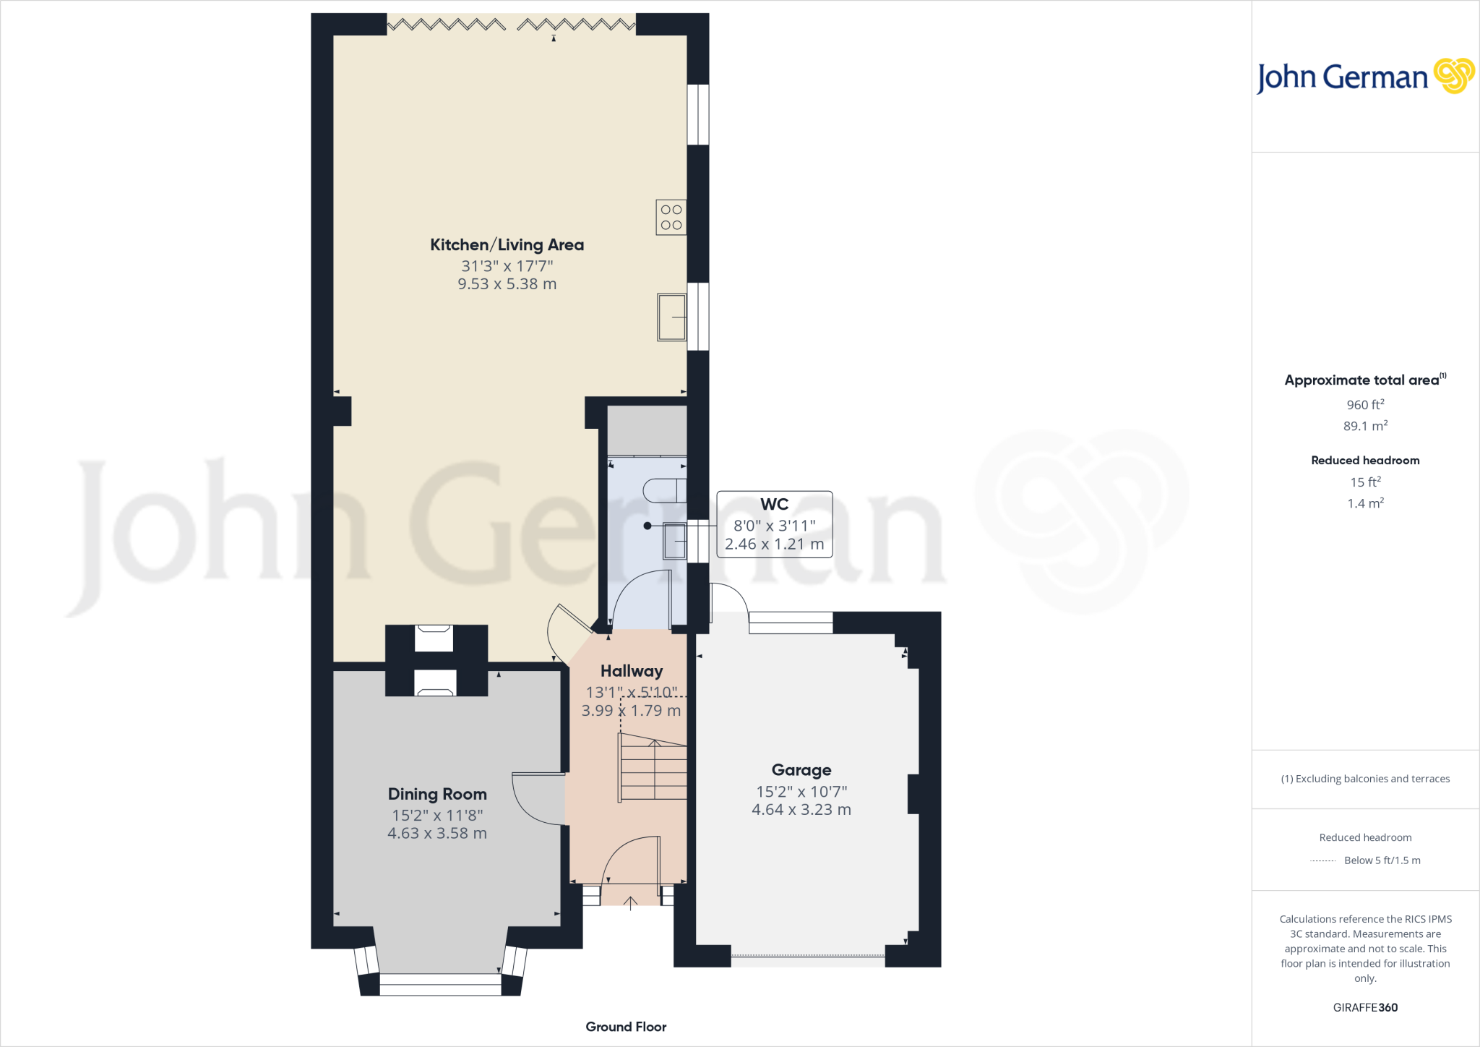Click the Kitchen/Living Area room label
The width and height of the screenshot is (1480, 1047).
pos(507,245)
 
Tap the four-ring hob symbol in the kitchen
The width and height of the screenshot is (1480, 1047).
pos(671,217)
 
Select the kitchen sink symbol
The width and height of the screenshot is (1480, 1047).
pos(671,317)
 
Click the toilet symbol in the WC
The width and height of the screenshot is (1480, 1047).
pos(664,490)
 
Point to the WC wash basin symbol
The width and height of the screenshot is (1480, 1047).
pos(675,541)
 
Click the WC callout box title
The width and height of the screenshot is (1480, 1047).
pos(774,504)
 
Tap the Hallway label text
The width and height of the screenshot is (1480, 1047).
pos(631,671)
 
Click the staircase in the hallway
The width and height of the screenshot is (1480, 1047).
pos(653,769)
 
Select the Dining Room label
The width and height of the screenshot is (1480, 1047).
pos(437,794)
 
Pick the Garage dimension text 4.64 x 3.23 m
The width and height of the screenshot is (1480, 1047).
pos(801,810)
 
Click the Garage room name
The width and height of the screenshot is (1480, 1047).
pos(801,770)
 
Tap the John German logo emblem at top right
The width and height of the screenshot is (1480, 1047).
pos(1453,76)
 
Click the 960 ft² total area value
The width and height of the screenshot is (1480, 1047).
pos(1364,405)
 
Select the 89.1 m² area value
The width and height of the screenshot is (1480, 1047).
pos(1364,426)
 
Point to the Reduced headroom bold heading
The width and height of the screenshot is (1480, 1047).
pos(1364,461)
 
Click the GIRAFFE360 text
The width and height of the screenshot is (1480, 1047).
pos(1364,1007)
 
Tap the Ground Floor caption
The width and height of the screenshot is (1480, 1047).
pos(626,1027)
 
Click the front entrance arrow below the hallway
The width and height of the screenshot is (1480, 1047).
pos(630,902)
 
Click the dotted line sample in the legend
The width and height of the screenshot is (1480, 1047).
pos(1322,860)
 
